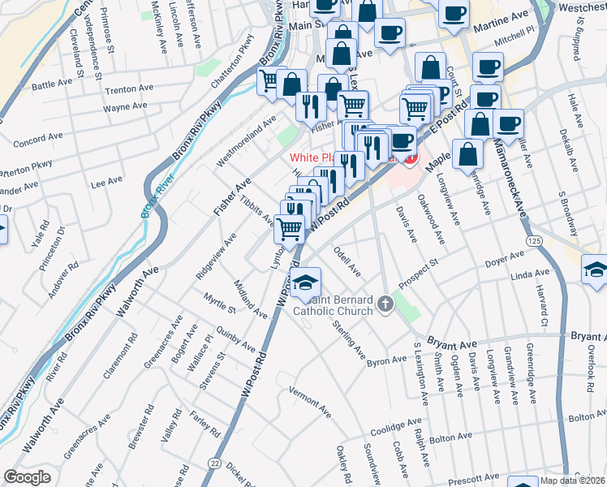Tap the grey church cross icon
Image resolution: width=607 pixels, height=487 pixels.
[385, 304]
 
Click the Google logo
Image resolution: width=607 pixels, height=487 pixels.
[27, 477]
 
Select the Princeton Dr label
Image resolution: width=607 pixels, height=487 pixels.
[56, 248]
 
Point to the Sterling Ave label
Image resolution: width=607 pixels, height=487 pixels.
[347, 340]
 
